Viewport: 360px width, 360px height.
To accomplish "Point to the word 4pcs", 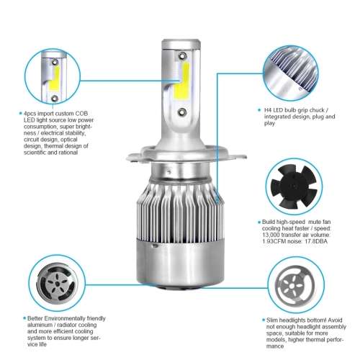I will click(28, 113).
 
